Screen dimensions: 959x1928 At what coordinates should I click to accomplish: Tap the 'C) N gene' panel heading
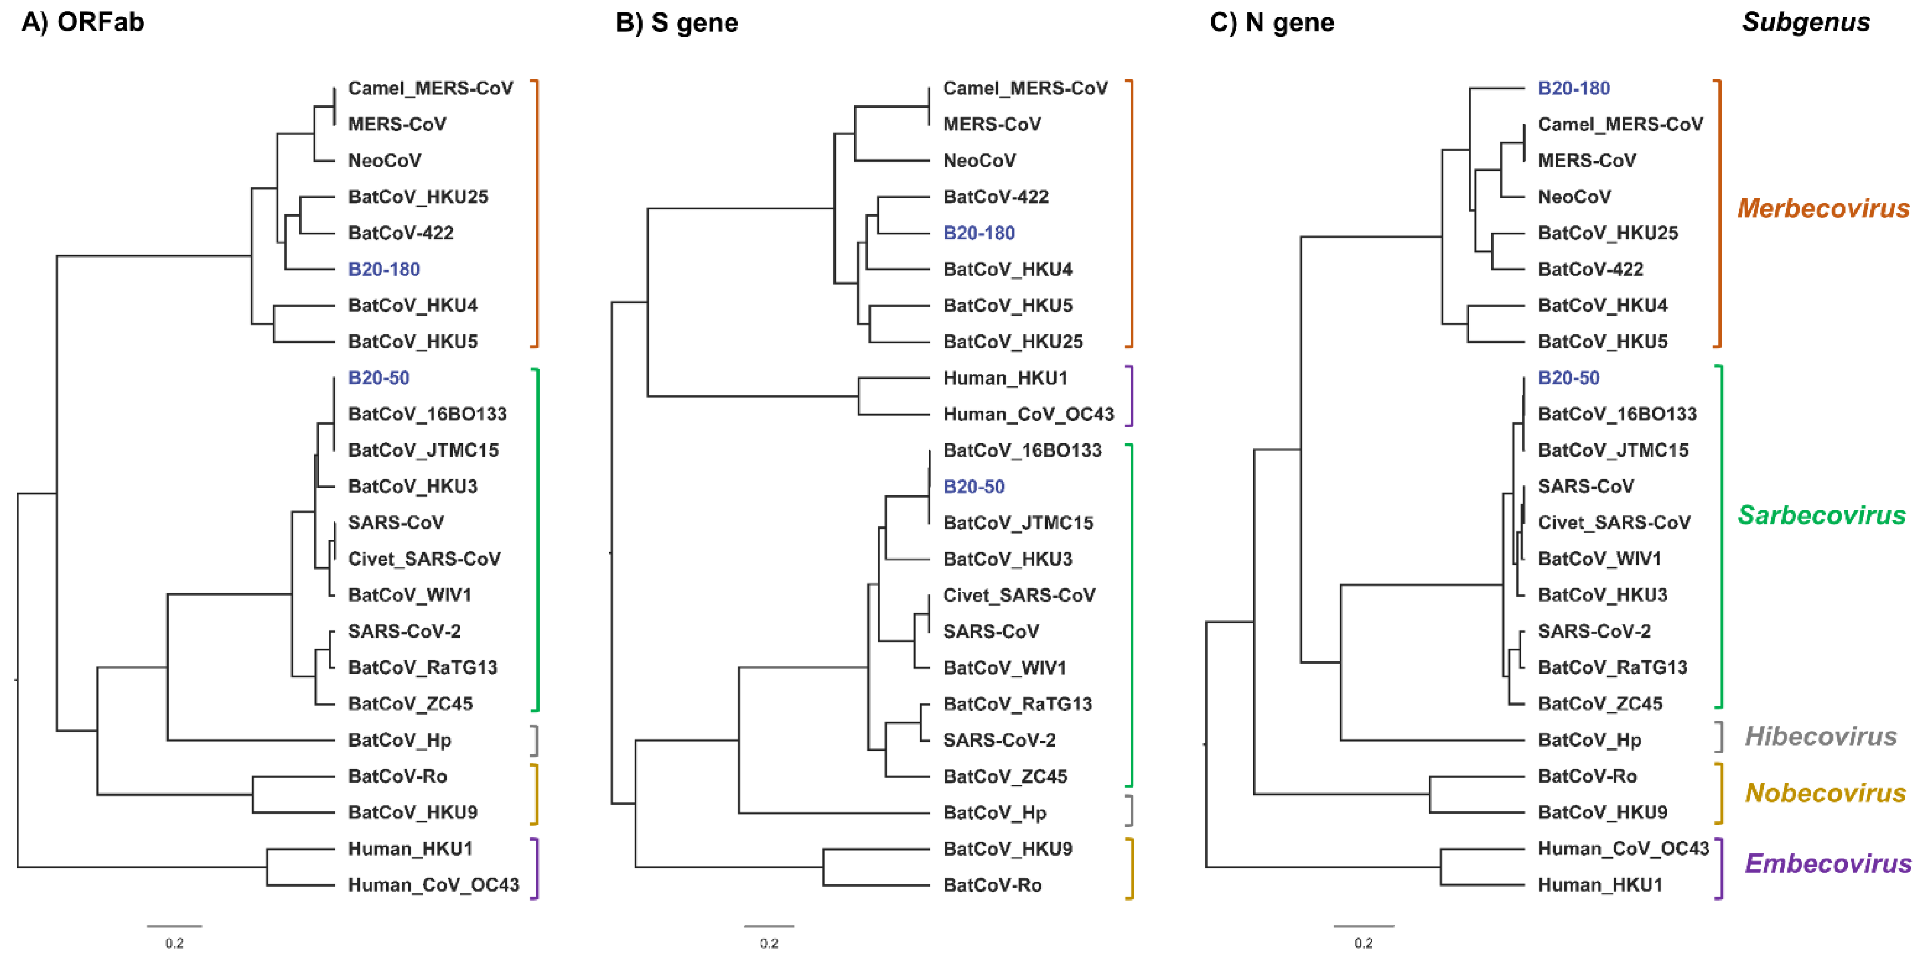click(x=1272, y=23)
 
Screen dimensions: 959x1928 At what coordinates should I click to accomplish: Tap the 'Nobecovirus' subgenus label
click(x=1825, y=793)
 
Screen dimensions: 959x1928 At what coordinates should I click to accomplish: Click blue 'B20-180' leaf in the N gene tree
click(x=1573, y=88)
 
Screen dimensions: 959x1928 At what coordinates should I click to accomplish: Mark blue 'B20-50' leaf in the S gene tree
click(x=974, y=486)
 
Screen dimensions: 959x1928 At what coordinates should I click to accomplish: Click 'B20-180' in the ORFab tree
click(x=383, y=269)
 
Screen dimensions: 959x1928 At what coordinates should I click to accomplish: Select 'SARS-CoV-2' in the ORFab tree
click(x=404, y=631)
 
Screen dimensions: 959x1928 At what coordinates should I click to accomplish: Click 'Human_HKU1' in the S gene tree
click(x=1005, y=378)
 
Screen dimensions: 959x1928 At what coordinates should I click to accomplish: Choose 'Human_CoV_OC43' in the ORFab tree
click(x=433, y=885)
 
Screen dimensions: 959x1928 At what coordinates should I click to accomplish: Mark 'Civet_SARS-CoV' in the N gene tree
click(x=1614, y=522)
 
